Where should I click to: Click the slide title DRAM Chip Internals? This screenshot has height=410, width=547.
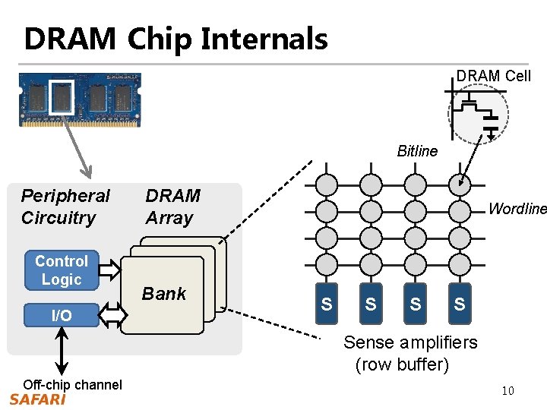click(x=175, y=38)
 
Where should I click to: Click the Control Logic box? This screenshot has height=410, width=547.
click(x=62, y=270)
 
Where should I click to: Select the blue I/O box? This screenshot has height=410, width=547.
click(x=62, y=315)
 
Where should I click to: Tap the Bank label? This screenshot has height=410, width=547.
click(x=164, y=294)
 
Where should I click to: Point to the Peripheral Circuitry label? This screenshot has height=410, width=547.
click(x=65, y=207)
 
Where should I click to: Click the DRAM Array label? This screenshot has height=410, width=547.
click(x=172, y=207)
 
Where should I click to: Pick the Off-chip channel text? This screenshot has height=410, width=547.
click(x=72, y=384)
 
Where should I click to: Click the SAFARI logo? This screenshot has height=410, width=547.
click(x=38, y=399)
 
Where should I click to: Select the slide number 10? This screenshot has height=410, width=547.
click(x=508, y=391)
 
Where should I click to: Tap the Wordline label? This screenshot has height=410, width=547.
click(x=517, y=208)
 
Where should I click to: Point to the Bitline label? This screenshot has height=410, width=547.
click(x=417, y=151)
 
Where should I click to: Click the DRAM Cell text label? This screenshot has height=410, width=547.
click(x=494, y=76)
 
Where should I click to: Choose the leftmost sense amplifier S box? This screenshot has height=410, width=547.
click(x=326, y=304)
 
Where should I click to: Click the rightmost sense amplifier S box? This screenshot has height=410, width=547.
click(x=459, y=304)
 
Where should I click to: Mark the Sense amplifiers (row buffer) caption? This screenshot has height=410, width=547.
click(x=410, y=353)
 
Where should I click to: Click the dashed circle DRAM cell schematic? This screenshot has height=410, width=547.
click(x=479, y=114)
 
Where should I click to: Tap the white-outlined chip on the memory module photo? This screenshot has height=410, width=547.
click(x=61, y=98)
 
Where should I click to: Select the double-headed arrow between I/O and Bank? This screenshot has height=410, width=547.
click(x=111, y=314)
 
